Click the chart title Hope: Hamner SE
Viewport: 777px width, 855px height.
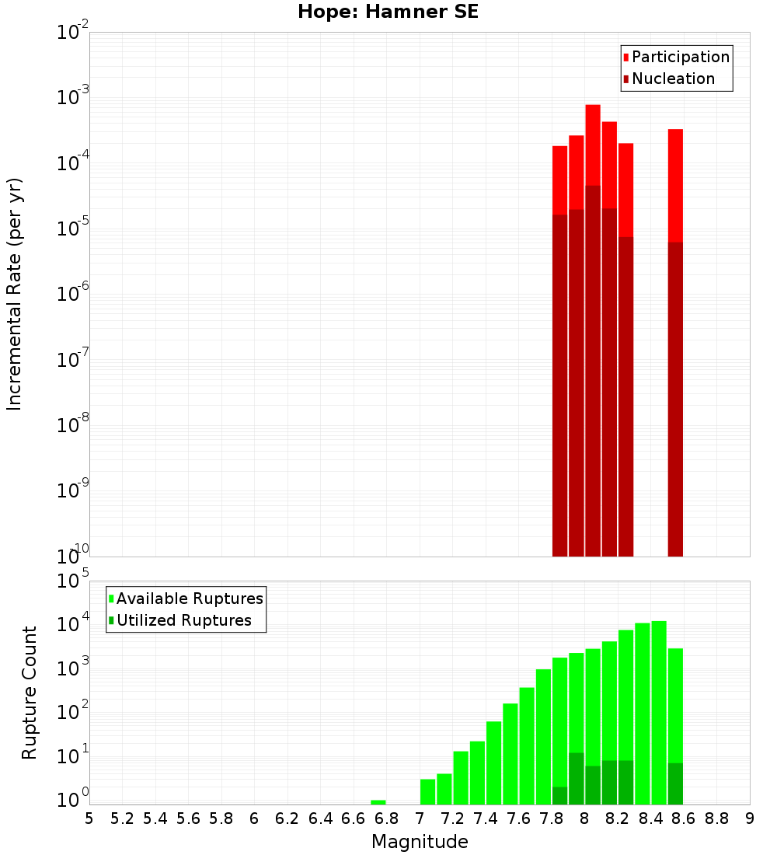pos(388,12)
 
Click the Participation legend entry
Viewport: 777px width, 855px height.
pos(680,57)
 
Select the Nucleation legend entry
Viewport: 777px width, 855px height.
pos(672,79)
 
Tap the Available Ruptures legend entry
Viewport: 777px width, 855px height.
pos(189,598)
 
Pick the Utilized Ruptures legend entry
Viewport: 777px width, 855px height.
pos(183,620)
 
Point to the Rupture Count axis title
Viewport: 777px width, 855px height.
pos(30,692)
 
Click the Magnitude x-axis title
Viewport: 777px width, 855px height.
pos(420,842)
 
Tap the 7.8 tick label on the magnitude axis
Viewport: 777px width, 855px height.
pos(552,818)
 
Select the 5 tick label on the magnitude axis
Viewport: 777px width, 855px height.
pos(89,818)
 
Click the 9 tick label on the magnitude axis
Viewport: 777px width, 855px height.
pos(750,818)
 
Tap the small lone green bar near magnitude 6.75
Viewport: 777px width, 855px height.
pos(378,802)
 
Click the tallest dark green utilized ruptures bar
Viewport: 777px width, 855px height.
pos(577,778)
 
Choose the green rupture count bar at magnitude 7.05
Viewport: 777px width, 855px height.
pos(427,791)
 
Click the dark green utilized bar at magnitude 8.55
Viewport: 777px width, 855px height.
pos(675,783)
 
